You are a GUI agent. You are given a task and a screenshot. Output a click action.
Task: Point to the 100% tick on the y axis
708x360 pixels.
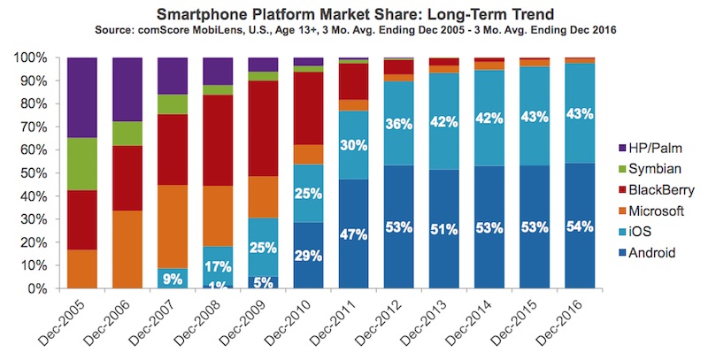click(32, 57)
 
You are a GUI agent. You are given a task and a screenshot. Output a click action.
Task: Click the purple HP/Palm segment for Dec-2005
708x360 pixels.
click(82, 97)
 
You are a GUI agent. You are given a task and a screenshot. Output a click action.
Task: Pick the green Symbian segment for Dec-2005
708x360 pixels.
click(82, 164)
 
